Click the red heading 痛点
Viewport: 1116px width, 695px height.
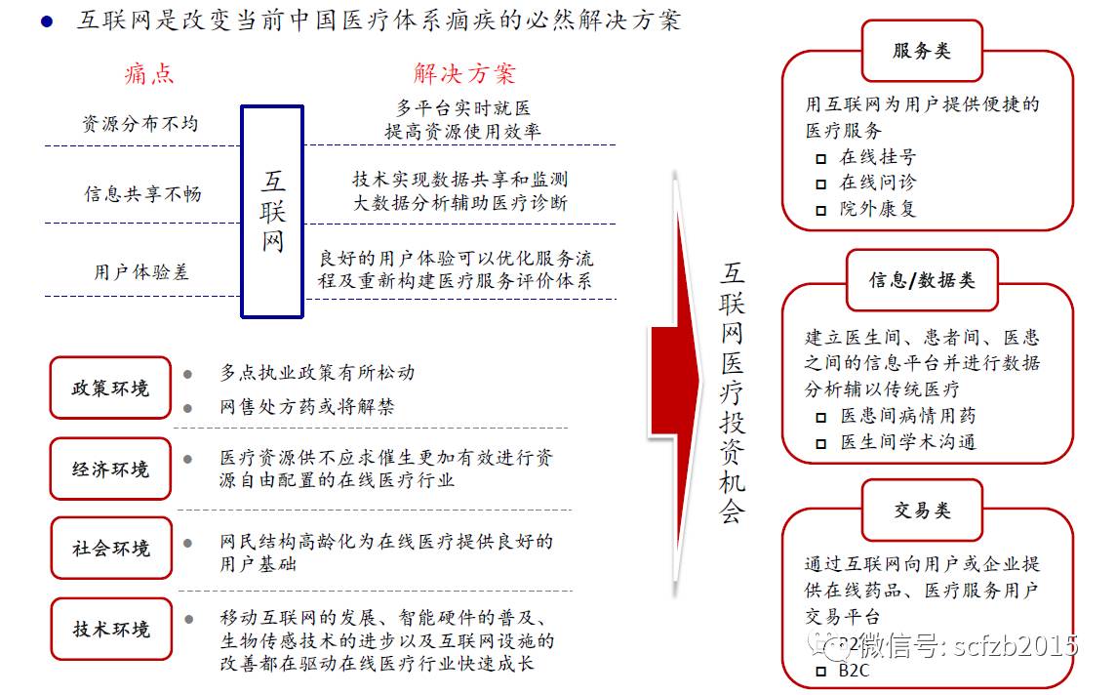149,74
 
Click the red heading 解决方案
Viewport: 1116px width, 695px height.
463,74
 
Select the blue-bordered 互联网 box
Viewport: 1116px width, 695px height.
272,212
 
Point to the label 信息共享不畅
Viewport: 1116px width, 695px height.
142,194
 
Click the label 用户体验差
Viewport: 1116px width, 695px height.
141,272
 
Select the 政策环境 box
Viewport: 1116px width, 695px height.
110,388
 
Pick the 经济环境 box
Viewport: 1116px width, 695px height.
110,470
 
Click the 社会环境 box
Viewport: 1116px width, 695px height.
110,548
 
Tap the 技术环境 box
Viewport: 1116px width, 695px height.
110,629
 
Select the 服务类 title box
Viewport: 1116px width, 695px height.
921,52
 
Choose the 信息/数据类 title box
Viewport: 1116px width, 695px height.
921,281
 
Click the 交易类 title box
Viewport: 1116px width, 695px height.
921,511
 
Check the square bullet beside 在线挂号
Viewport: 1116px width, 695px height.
820,158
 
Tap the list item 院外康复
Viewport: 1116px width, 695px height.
878,209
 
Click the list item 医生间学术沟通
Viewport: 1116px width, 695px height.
907,442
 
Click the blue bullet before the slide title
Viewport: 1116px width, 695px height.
46,20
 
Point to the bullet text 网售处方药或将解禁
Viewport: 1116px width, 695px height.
306,407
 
